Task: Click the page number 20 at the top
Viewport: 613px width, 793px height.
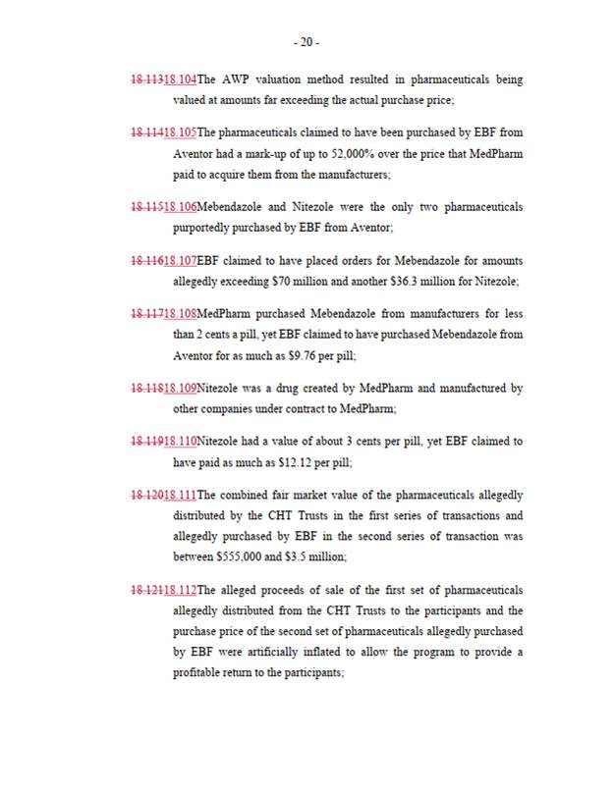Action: (x=306, y=42)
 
